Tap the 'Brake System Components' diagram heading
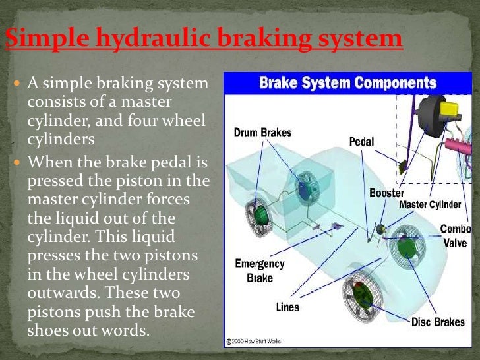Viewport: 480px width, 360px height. tap(347, 83)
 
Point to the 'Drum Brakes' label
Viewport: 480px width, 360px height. tap(262, 133)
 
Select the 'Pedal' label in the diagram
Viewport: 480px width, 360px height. tap(361, 142)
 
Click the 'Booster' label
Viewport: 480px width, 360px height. tap(386, 194)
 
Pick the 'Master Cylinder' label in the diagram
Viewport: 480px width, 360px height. tap(430, 204)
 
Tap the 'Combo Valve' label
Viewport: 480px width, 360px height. tap(455, 236)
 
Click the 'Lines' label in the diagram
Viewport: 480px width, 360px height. tap(287, 307)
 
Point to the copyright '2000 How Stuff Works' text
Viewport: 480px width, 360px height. tap(254, 342)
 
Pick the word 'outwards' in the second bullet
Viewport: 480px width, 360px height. tap(57, 292)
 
